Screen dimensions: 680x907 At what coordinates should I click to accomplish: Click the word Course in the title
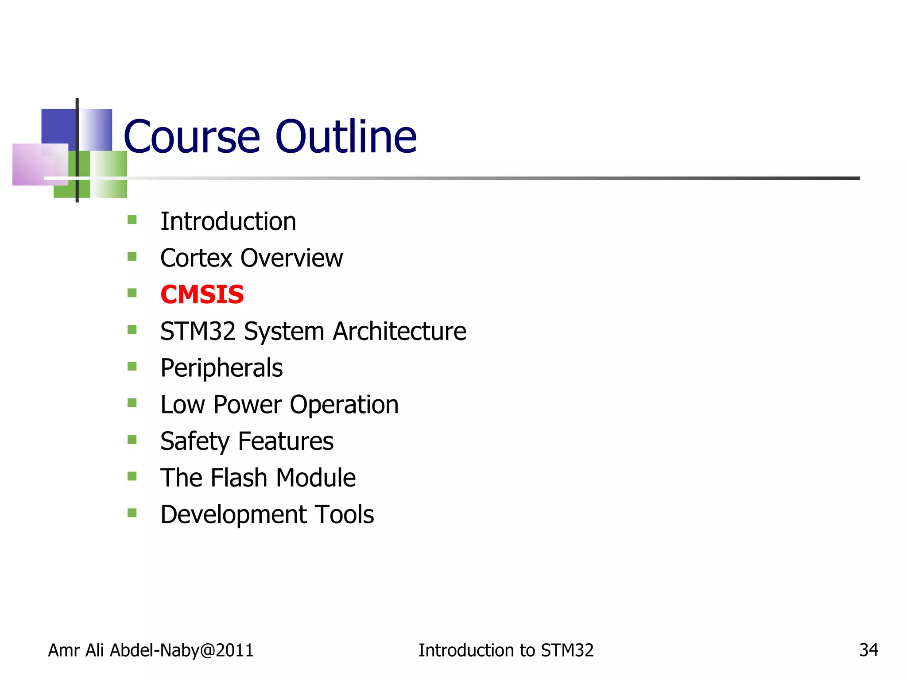click(191, 137)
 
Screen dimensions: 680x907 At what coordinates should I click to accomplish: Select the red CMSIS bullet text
click(202, 295)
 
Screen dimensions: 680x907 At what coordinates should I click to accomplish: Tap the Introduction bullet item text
click(228, 221)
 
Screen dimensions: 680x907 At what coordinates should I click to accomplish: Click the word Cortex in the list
click(196, 258)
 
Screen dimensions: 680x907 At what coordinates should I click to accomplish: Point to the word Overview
click(291, 258)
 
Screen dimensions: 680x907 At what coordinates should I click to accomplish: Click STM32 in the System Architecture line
click(198, 331)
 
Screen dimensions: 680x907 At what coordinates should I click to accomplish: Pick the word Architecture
click(399, 331)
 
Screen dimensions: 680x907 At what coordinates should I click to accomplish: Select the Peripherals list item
click(221, 368)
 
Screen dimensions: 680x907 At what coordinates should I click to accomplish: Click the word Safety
click(195, 441)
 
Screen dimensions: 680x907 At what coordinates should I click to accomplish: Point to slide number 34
click(868, 650)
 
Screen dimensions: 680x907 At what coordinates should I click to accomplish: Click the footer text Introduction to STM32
click(506, 650)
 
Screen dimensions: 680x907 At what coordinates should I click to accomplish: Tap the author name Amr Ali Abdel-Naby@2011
click(151, 650)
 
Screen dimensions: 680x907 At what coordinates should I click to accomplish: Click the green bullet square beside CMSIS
click(132, 293)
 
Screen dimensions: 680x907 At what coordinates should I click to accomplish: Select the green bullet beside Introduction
click(132, 220)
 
